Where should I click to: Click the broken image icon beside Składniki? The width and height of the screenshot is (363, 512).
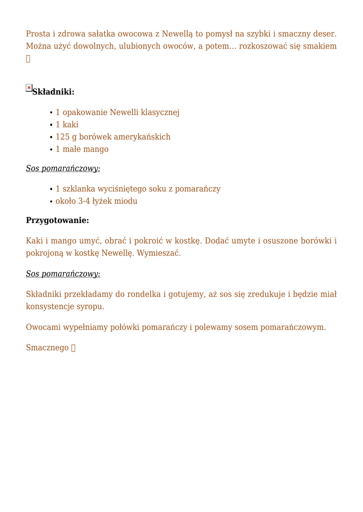click(29, 88)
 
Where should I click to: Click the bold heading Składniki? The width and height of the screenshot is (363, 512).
click(53, 91)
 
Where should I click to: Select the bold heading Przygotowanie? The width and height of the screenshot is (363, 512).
click(57, 220)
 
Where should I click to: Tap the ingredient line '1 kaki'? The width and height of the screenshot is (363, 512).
click(67, 124)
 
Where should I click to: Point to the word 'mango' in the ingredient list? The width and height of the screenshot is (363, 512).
click(96, 149)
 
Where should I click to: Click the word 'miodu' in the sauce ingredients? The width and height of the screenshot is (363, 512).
click(127, 201)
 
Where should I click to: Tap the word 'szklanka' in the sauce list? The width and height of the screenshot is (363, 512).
click(79, 188)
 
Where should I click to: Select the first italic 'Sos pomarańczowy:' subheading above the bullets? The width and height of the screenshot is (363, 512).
click(63, 168)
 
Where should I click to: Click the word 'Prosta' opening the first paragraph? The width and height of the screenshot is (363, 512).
click(38, 34)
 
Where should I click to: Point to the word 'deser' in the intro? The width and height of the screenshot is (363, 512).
click(324, 34)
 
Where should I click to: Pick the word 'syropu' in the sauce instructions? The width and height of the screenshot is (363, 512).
click(91, 306)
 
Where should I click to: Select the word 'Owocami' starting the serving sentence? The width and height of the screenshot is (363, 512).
click(43, 327)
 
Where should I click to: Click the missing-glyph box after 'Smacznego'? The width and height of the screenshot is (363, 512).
click(73, 348)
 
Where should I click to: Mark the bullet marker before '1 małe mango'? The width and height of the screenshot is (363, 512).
click(51, 149)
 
